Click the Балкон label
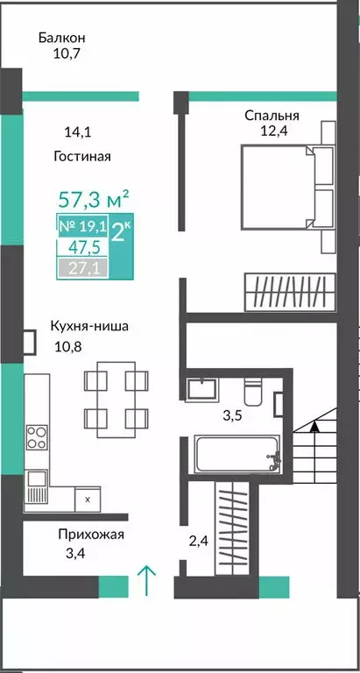coord(61,38)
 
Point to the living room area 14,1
coord(77,133)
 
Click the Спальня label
coord(272,115)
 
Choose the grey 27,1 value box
coord(84,267)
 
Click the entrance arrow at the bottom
coord(147,580)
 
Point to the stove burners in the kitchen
coord(37,436)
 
